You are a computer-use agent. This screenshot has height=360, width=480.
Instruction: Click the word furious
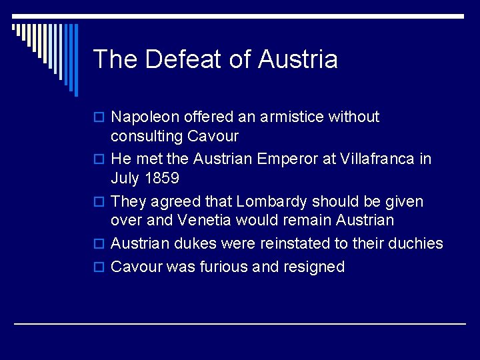[225, 267]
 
